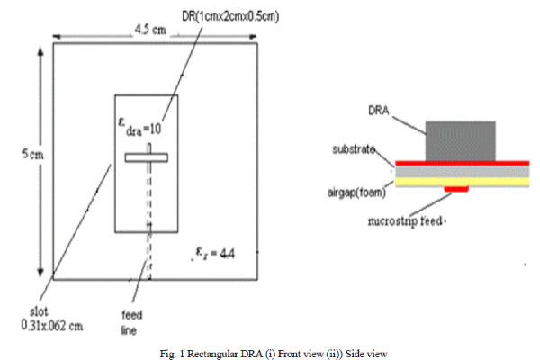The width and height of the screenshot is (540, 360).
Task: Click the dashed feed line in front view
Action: point(148,216)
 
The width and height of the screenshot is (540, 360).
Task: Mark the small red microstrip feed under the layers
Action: point(458,189)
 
